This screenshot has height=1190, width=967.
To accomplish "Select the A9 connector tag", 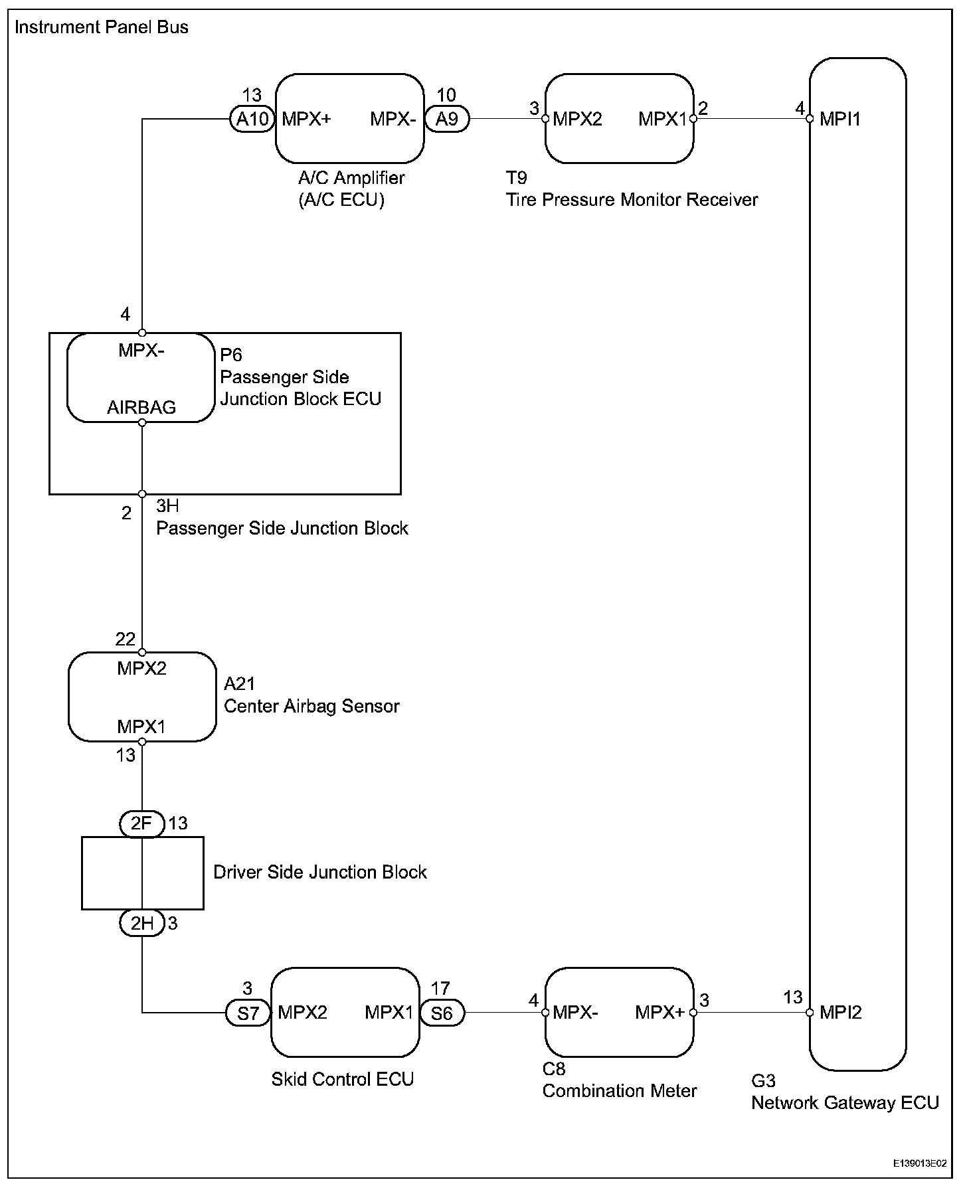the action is point(447,119).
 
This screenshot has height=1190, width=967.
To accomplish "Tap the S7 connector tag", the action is point(248,1013).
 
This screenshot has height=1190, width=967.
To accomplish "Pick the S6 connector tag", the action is point(442,1013).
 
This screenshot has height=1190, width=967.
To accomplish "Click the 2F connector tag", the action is point(142,824).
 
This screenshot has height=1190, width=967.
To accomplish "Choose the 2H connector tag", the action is point(142,923).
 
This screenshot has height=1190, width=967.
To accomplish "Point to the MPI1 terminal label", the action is point(840,119).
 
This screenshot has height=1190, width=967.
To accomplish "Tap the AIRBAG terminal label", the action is point(141,408).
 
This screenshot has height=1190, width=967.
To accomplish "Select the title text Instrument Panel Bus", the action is point(102,27).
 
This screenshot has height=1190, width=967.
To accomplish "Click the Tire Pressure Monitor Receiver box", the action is point(619,118).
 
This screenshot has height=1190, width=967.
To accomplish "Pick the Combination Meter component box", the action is point(619,1012).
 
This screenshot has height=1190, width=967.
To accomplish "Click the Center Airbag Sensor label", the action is point(311,706).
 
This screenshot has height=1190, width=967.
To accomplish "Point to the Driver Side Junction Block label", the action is point(320,872).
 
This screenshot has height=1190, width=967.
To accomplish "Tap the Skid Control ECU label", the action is point(343,1079).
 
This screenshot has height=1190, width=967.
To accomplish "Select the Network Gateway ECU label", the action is point(845,1103).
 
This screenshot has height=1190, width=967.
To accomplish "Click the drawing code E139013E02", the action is point(919,1164).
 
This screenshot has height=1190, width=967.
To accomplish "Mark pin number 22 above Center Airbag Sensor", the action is point(126,639).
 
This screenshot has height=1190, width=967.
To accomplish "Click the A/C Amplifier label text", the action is point(351,178).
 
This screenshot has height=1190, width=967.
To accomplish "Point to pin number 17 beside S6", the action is point(441,989).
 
